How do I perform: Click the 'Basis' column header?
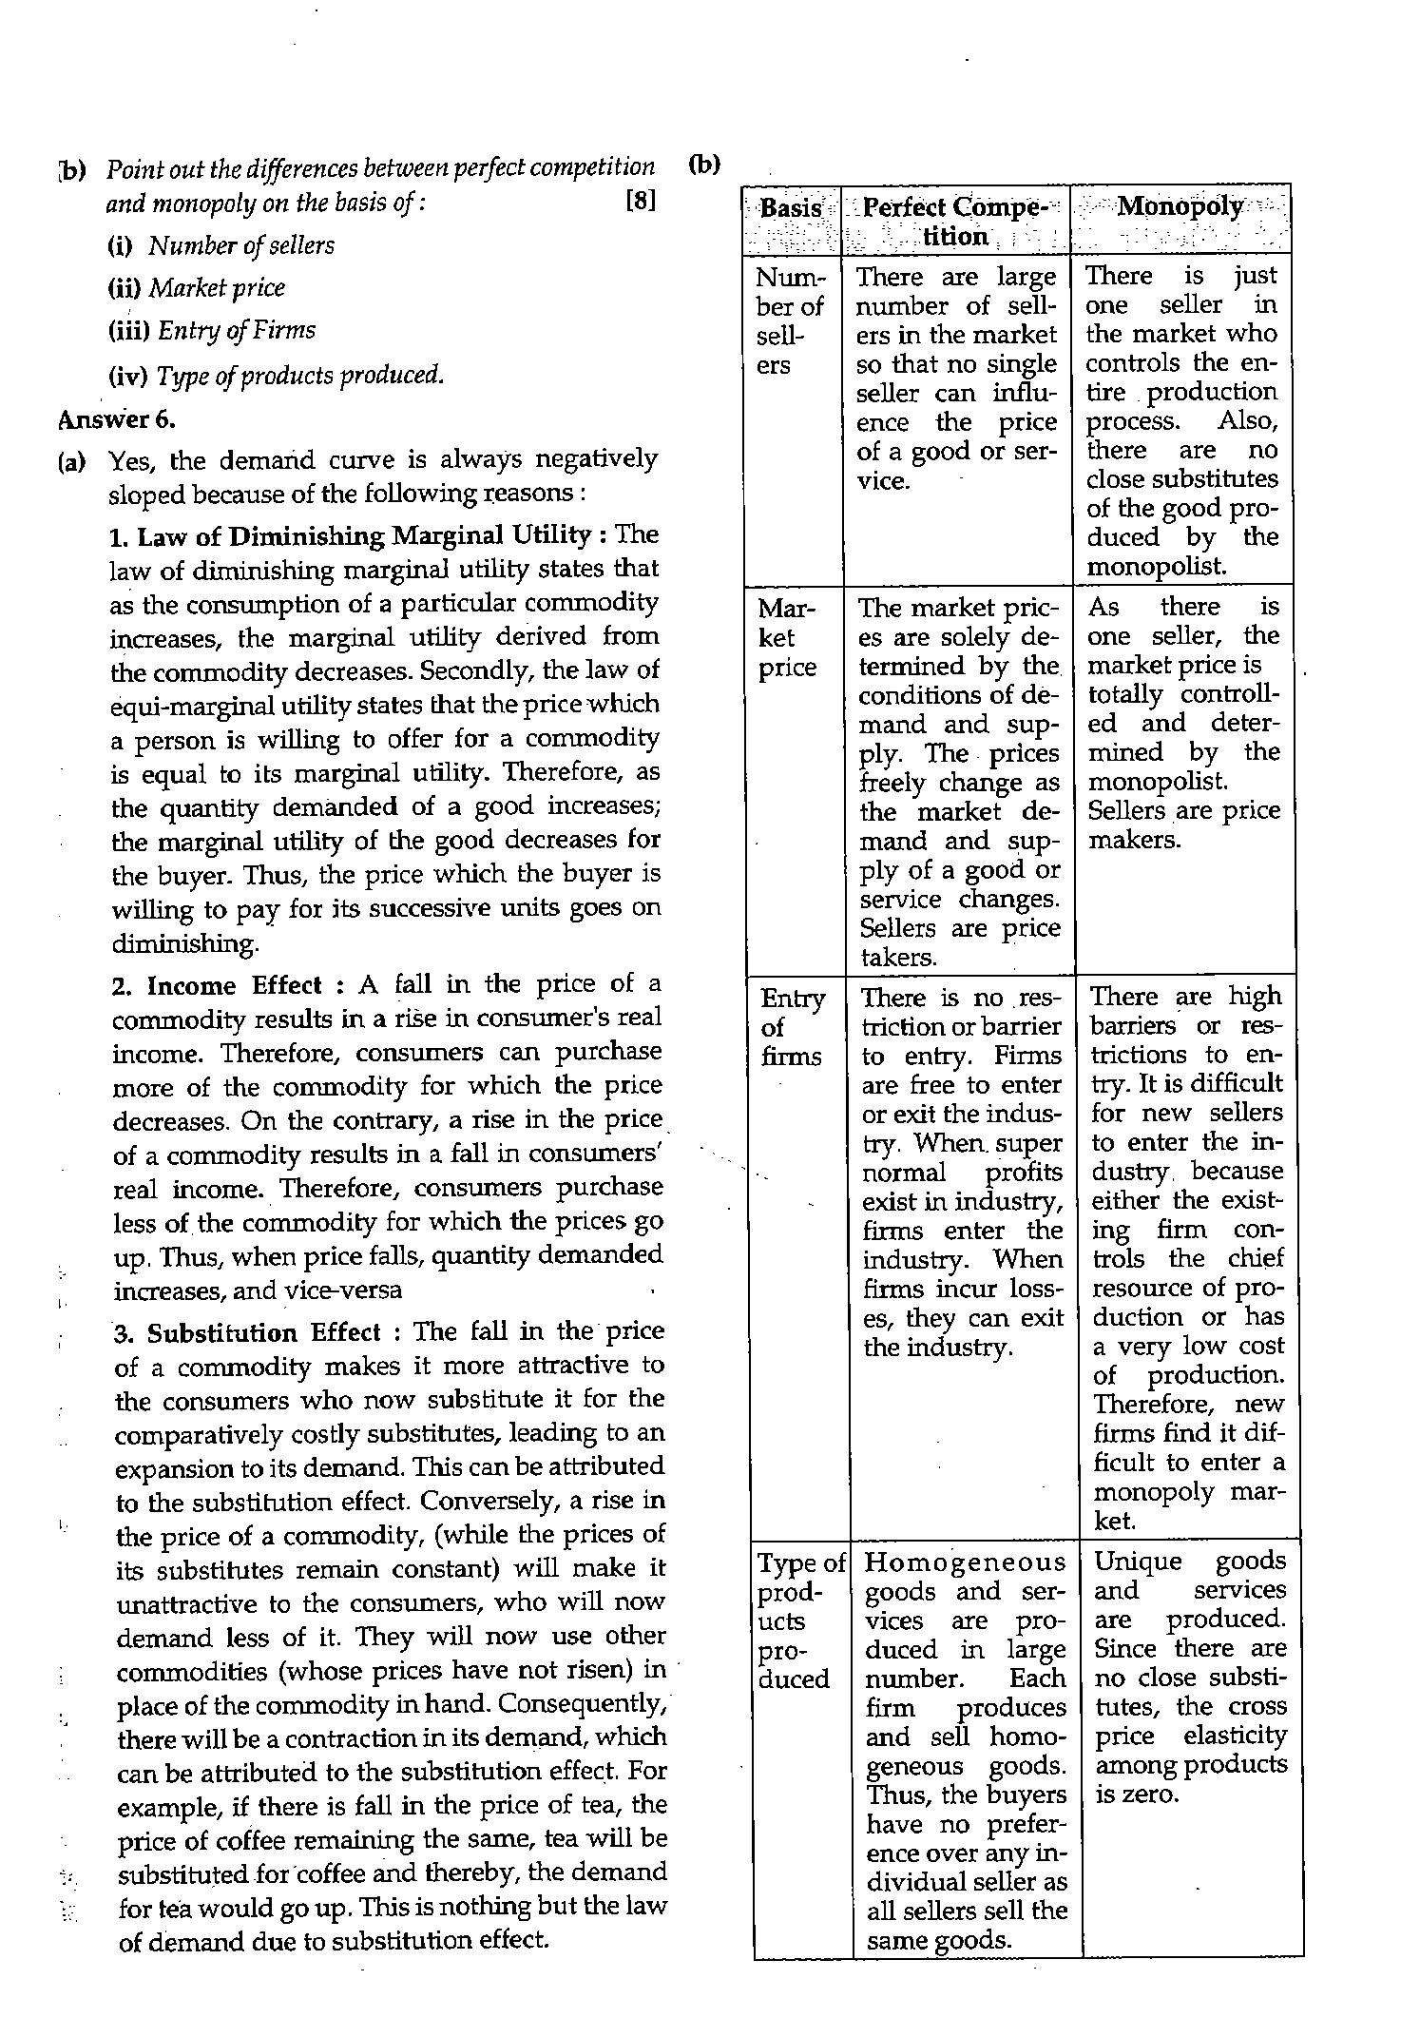(791, 208)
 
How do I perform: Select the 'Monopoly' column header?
(1180, 206)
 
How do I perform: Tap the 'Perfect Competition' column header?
(955, 222)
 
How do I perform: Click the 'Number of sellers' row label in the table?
(788, 320)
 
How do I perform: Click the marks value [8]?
(642, 203)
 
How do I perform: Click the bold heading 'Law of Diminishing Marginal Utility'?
(363, 535)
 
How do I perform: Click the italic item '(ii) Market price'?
(196, 288)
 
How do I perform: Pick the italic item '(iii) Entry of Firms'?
(211, 331)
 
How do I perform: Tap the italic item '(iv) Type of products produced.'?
(276, 375)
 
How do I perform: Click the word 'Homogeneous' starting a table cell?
(965, 1562)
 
